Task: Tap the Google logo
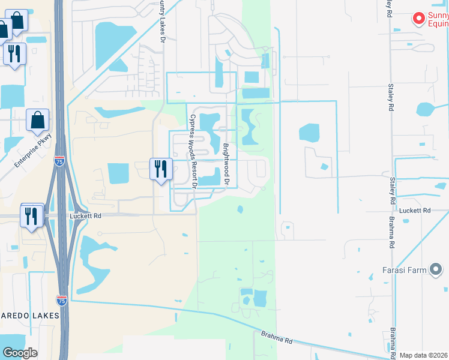coord(20,352)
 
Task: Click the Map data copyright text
coord(424,355)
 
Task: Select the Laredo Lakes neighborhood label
coord(30,315)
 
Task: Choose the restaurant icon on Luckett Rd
coord(32,215)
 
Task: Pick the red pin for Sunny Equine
coord(418,19)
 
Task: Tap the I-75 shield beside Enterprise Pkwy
coord(59,161)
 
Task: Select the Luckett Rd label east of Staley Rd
coord(415,211)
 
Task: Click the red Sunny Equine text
coord(438,19)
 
